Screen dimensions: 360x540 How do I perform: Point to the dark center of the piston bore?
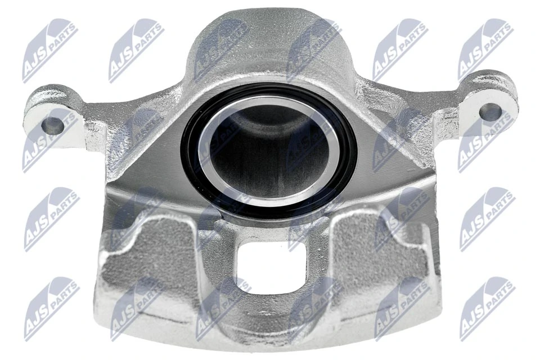[x=264, y=143]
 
